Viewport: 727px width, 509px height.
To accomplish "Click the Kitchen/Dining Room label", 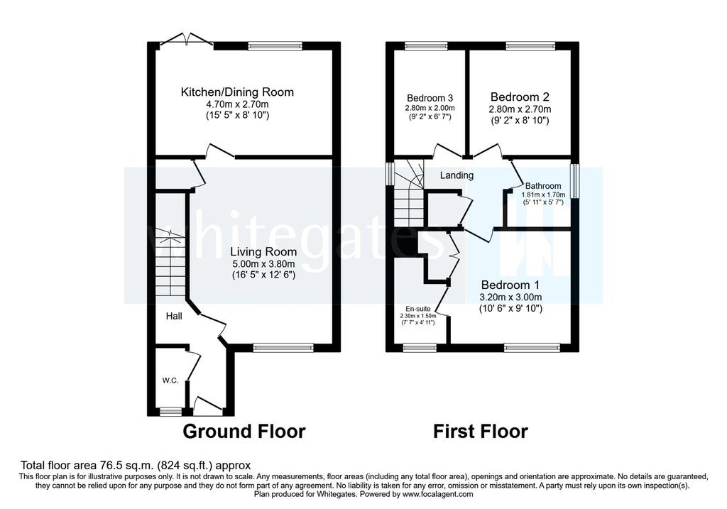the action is (237, 92).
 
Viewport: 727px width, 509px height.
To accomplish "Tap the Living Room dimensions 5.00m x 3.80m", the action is (263, 264).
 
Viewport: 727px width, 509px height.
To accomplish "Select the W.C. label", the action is (170, 381).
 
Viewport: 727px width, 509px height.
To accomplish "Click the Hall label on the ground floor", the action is (175, 316).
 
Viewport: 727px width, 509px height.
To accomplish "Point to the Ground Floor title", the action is (244, 431).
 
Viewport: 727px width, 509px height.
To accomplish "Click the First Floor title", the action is (481, 431).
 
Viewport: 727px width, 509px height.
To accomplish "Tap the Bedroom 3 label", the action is (430, 98).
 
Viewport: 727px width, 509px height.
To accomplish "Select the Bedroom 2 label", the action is (520, 97).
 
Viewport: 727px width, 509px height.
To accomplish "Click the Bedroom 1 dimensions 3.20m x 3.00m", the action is (510, 297).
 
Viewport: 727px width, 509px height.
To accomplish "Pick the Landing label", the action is (457, 175).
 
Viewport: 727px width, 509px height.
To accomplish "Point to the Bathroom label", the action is (543, 186).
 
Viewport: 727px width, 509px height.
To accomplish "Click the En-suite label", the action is (417, 309).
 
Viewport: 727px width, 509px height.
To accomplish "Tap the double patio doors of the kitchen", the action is (187, 40).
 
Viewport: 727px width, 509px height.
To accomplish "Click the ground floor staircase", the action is (170, 263).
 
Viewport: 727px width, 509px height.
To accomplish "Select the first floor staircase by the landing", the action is (409, 192).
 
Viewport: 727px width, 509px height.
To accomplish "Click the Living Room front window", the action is (283, 348).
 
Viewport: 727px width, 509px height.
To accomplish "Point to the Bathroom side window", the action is (575, 181).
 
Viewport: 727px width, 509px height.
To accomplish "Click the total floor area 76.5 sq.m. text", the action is (136, 465).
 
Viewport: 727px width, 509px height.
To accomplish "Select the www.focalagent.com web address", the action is (437, 494).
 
